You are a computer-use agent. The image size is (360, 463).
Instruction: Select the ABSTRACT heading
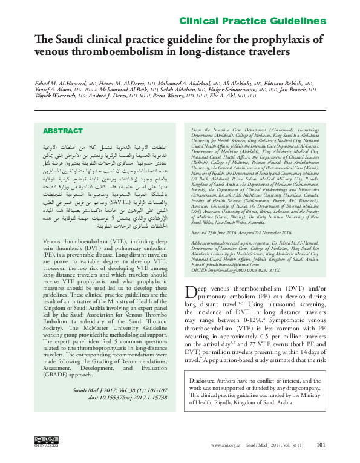[x=63, y=131]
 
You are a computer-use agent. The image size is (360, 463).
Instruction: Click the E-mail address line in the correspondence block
[x=224, y=263]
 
